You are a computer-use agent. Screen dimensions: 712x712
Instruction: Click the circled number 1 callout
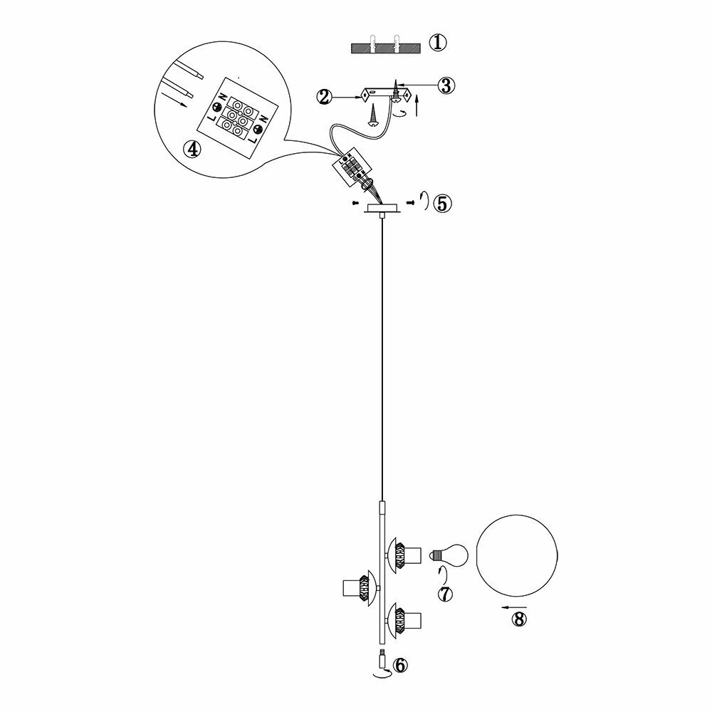click(437, 42)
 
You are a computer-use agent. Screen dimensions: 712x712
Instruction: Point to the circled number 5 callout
click(441, 204)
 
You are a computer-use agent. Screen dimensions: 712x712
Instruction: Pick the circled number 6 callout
click(399, 665)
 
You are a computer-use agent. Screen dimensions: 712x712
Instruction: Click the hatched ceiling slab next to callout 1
click(384, 48)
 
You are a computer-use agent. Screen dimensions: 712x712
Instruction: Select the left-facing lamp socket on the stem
click(360, 588)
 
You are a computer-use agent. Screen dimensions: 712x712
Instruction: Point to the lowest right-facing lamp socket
click(407, 617)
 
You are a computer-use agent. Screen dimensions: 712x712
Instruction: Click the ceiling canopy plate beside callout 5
click(383, 208)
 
